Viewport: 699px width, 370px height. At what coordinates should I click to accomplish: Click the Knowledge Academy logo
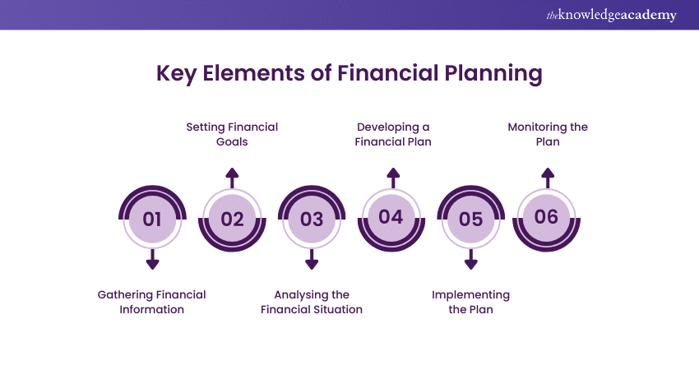pyautogui.click(x=611, y=15)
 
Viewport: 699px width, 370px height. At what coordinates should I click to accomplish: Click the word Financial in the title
pyautogui.click(x=388, y=72)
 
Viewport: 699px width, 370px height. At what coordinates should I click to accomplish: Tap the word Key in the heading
pyautogui.click(x=176, y=73)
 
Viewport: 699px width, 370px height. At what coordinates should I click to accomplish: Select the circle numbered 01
pyautogui.click(x=152, y=219)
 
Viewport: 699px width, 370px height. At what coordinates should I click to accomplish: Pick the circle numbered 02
pyautogui.click(x=232, y=219)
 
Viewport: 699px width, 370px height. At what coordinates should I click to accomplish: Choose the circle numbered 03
pyautogui.click(x=312, y=219)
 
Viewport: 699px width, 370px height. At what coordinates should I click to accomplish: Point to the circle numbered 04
pyautogui.click(x=391, y=219)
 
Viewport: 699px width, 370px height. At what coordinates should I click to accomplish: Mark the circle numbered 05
pyautogui.click(x=470, y=219)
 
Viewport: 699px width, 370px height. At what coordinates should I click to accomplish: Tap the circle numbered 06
pyautogui.click(x=547, y=219)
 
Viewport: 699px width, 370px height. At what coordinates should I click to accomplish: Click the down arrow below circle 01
pyautogui.click(x=152, y=260)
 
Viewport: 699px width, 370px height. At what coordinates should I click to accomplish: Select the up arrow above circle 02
pyautogui.click(x=232, y=178)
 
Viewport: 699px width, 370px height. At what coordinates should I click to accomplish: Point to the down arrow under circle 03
pyautogui.click(x=312, y=260)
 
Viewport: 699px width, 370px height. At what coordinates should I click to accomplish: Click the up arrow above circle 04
pyautogui.click(x=393, y=178)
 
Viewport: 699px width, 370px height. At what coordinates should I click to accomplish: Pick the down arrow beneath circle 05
pyautogui.click(x=470, y=260)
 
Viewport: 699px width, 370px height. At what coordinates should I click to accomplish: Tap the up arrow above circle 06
pyautogui.click(x=548, y=178)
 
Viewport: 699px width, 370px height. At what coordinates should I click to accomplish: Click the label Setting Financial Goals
pyautogui.click(x=232, y=134)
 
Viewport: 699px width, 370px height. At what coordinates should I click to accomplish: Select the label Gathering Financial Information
pyautogui.click(x=151, y=302)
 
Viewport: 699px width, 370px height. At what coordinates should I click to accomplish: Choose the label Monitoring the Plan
pyautogui.click(x=548, y=134)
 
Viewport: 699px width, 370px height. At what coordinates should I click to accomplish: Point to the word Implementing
pyautogui.click(x=470, y=295)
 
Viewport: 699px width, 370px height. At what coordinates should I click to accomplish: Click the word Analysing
pyautogui.click(x=296, y=295)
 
